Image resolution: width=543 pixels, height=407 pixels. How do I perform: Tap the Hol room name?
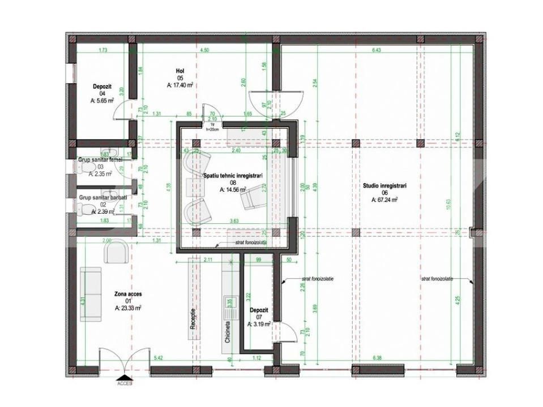pyautogui.click(x=180, y=71)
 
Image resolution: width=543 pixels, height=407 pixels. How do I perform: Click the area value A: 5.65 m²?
pyautogui.click(x=102, y=100)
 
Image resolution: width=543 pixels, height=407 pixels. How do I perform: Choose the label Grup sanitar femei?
pyautogui.click(x=100, y=160)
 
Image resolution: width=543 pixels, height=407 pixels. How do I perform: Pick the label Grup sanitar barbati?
pyautogui.click(x=102, y=198)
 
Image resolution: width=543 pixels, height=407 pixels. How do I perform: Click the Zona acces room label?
pyautogui.click(x=127, y=294)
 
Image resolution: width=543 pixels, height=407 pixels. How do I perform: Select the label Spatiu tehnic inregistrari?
pyautogui.click(x=236, y=176)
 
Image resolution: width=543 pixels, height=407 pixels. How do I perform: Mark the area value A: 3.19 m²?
pyautogui.click(x=259, y=324)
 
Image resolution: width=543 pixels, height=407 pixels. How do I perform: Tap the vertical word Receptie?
pyautogui.click(x=194, y=320)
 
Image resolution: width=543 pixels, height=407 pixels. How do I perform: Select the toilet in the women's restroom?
pyautogui.click(x=111, y=154)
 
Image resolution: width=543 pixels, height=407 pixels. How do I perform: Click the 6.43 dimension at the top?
pyautogui.click(x=377, y=50)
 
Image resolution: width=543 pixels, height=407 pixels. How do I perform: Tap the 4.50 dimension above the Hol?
pyautogui.click(x=204, y=50)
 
